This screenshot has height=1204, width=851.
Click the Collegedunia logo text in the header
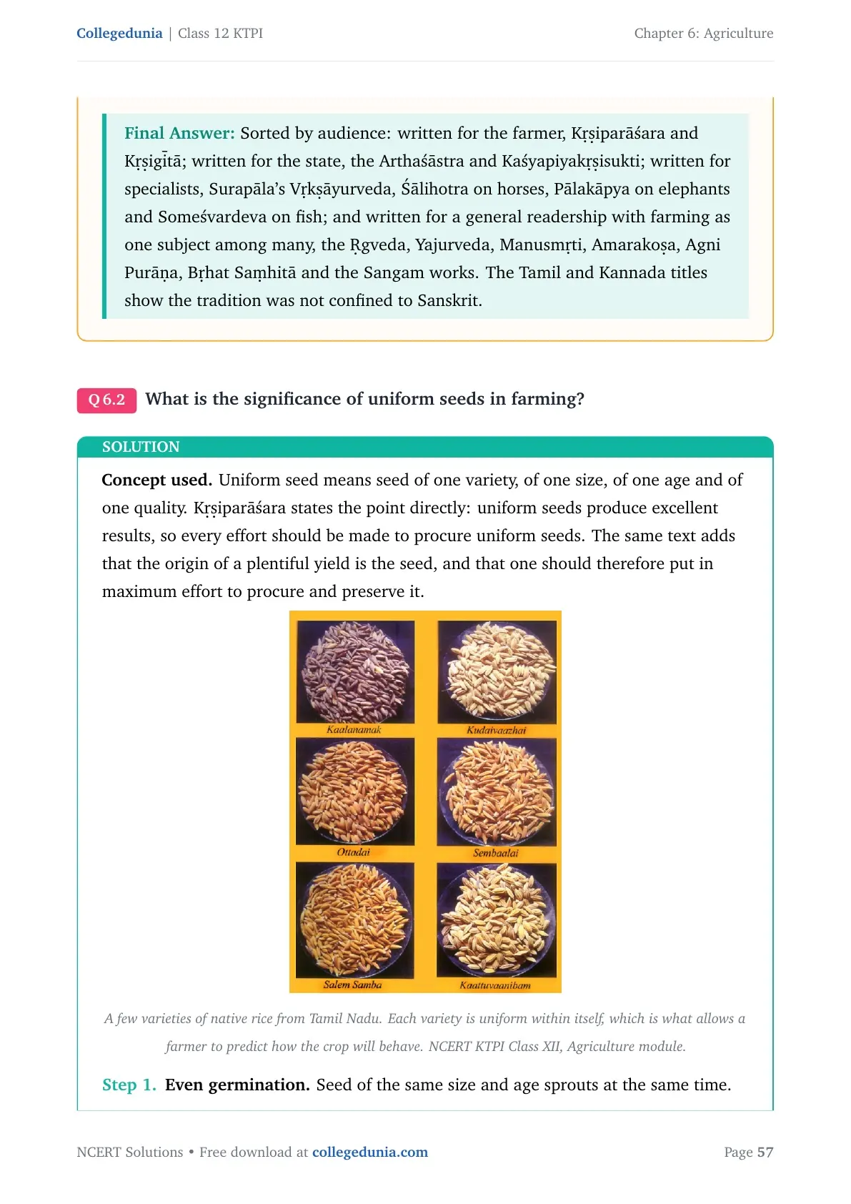pos(119,34)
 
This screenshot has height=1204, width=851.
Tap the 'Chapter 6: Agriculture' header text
pos(703,34)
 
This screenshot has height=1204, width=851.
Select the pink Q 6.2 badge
pos(106,400)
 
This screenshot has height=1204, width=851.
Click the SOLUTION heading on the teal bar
pos(141,447)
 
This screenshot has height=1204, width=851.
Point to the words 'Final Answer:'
pos(179,133)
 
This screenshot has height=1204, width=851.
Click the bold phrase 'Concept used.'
pos(157,480)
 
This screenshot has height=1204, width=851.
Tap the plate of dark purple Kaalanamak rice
pos(355,672)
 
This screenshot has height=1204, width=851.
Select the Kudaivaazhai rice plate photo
pos(497,672)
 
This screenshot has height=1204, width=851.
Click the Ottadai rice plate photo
pos(355,791)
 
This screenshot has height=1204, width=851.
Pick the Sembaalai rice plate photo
pos(497,791)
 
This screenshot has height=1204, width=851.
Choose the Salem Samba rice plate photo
pos(354,919)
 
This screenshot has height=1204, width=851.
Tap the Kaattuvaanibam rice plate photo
pos(497,919)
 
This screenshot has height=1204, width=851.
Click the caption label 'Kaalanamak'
pos(354,729)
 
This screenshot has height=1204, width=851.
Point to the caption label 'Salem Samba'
pos(352,985)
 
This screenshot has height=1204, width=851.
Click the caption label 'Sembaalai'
pos(495,853)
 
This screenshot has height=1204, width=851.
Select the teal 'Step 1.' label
pos(129,1085)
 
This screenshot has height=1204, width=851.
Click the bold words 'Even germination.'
pos(237,1085)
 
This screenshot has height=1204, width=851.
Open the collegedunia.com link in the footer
pos(370,1152)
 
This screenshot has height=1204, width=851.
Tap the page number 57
pos(765,1152)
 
